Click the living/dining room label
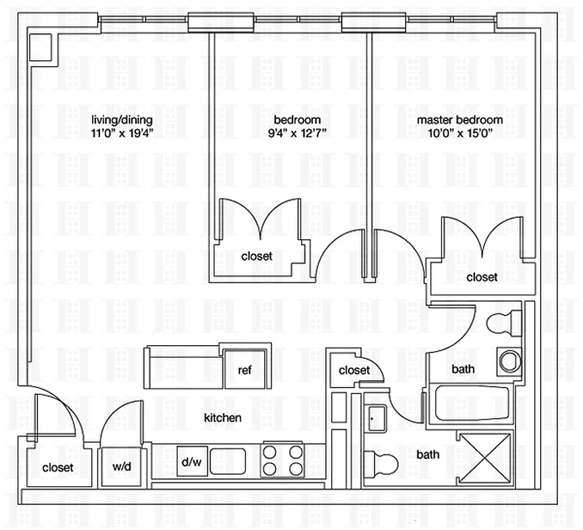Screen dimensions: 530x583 tap(122, 120)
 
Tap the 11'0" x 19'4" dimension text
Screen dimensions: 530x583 tap(122, 132)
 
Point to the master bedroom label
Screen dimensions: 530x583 tap(459, 120)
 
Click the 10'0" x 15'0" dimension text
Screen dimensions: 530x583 tap(459, 132)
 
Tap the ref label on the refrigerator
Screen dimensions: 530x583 tap(245, 370)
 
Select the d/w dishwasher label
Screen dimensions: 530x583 tap(192, 462)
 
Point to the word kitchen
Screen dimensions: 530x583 tap(222, 418)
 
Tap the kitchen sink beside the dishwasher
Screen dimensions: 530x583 tap(228, 461)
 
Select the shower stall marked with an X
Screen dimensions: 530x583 tap(485, 458)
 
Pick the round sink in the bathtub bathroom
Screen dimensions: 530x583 tap(509, 362)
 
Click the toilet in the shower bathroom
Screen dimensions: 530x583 tap(381, 459)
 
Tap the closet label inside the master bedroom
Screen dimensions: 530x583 tap(482, 277)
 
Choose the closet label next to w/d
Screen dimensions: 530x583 tap(58, 468)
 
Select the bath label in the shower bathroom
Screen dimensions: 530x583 tap(427, 454)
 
